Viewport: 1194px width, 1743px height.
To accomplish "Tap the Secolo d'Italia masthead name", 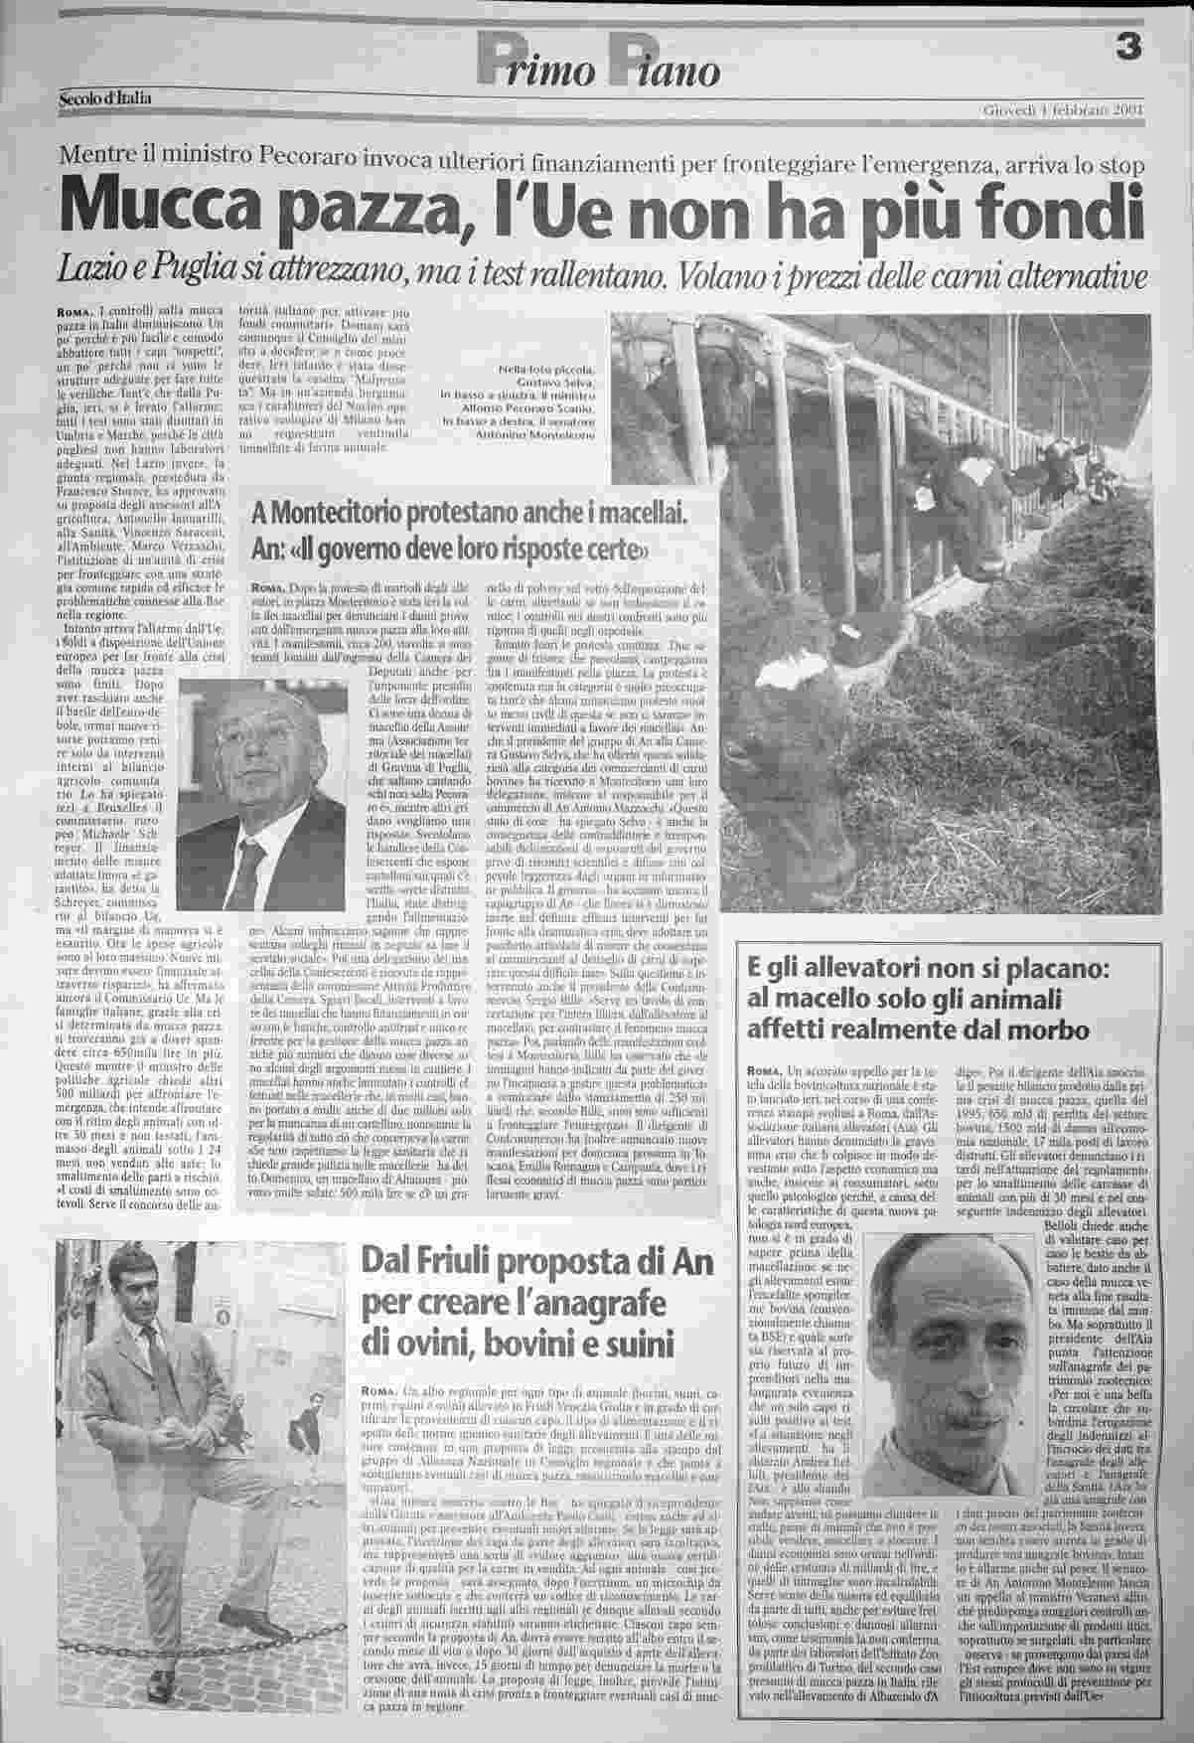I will (x=106, y=97).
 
